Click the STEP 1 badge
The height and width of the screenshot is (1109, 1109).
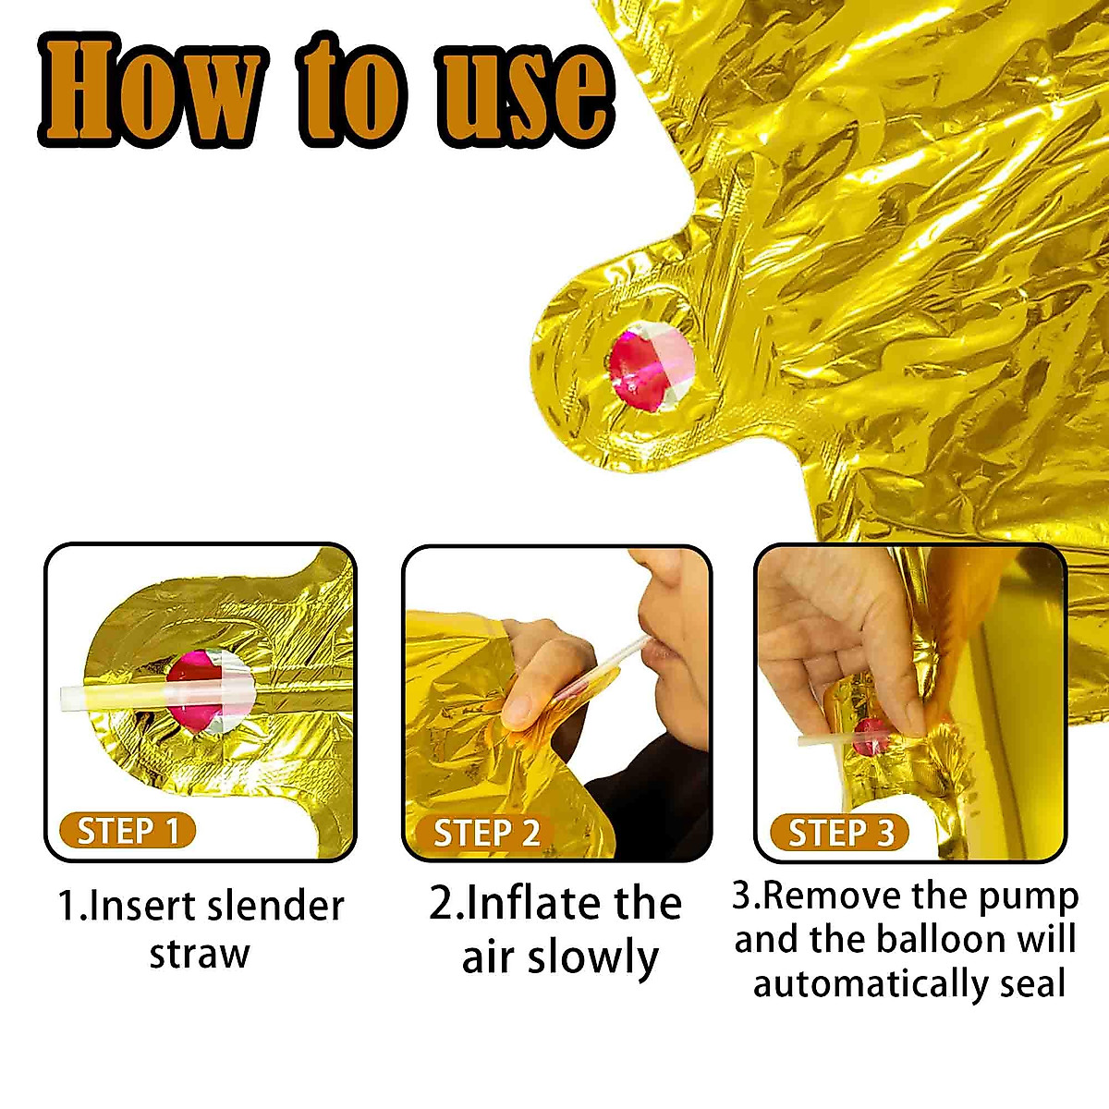tap(127, 831)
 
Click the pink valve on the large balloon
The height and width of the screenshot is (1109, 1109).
tap(649, 369)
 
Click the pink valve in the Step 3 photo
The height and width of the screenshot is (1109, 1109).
tap(871, 737)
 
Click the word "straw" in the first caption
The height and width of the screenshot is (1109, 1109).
tap(200, 954)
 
